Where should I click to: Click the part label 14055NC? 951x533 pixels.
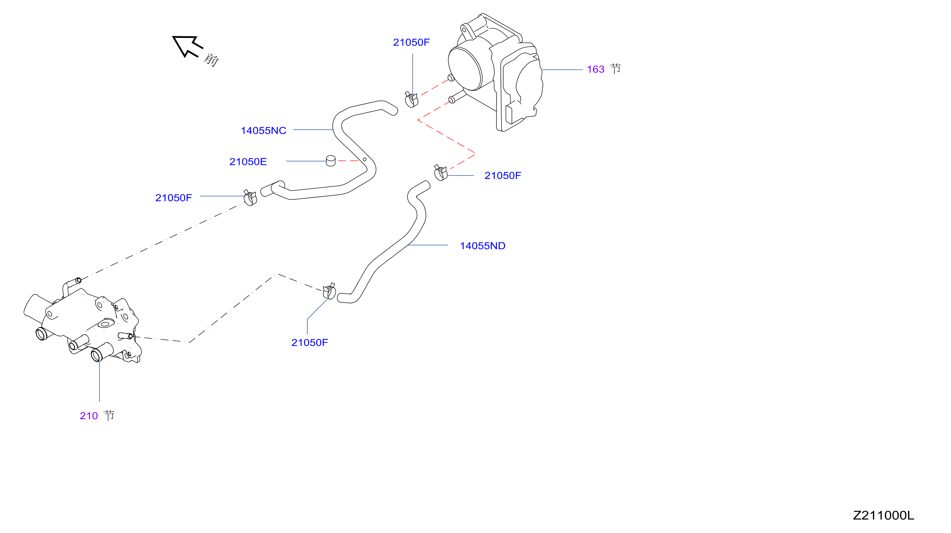coord(263,130)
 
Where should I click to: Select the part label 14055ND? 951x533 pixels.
coord(483,246)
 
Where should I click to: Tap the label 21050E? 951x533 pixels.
coord(248,161)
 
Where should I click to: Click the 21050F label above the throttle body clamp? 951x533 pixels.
coord(411,42)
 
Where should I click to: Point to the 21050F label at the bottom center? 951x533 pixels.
coord(309,342)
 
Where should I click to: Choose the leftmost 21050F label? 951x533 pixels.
coord(173,198)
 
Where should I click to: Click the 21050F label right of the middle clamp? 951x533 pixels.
coord(503,175)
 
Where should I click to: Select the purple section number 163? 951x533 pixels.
coord(596,69)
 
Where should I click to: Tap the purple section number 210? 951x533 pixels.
coord(89,416)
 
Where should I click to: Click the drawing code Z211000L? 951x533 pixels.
coord(884,515)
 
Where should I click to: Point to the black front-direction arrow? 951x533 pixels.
coord(187,46)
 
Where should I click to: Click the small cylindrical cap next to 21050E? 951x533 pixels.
coord(331,161)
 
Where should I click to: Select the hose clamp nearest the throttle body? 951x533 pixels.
coord(411,100)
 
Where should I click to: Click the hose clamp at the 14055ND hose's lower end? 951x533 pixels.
coord(329,291)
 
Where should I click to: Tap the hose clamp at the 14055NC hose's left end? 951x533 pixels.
coord(250,198)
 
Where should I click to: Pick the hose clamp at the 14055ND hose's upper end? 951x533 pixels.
coord(441,173)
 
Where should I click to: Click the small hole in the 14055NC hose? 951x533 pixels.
coord(364,159)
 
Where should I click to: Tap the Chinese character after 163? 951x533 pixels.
coord(615,69)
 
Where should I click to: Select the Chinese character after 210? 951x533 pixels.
coord(109,415)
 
